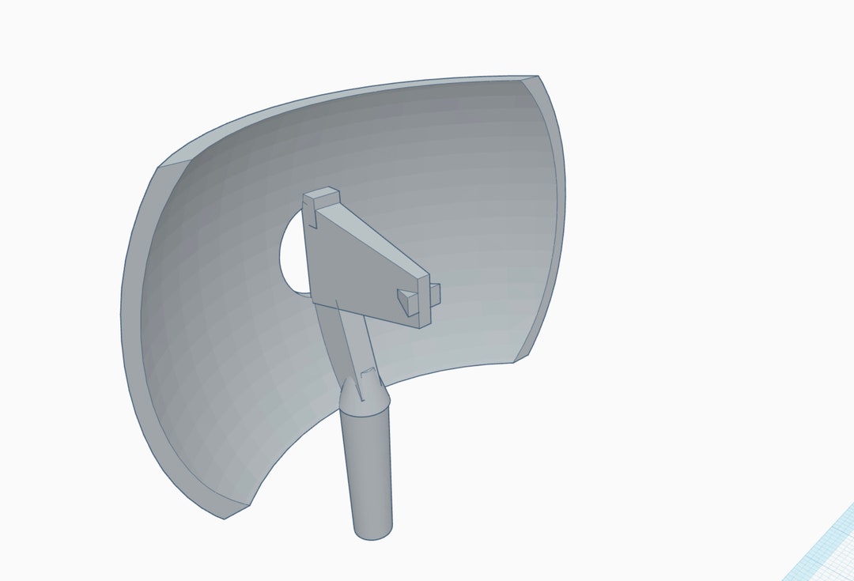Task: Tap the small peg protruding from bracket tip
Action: pyautogui.click(x=434, y=293)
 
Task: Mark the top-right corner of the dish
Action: pyautogui.click(x=538, y=77)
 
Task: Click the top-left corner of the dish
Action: pyautogui.click(x=158, y=167)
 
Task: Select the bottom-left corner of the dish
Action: pyautogui.click(x=225, y=518)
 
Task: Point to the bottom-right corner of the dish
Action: pyautogui.click(x=516, y=361)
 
